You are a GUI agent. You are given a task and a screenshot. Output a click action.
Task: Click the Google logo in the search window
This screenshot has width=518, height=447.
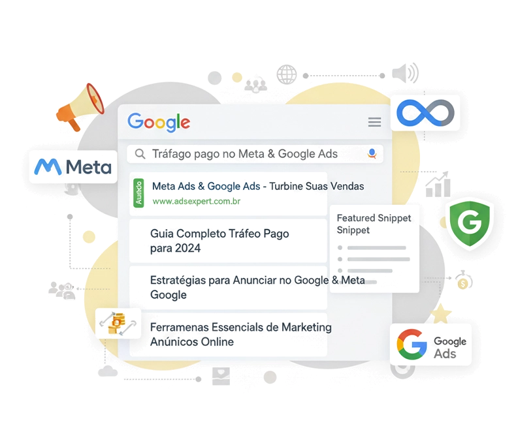pos(159,122)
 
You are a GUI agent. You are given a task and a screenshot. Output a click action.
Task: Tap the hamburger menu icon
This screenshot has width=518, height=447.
pos(374,122)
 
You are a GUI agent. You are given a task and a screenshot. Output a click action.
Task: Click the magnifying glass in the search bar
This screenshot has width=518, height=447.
pos(140,154)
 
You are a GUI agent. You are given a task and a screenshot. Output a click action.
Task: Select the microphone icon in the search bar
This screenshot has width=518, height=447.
pos(372,154)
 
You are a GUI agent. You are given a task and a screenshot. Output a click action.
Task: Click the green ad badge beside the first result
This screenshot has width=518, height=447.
pos(138,193)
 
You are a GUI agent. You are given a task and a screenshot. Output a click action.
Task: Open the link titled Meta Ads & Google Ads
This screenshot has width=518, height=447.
pos(206,187)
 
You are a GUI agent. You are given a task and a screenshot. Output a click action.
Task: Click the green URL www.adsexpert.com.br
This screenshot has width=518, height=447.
pos(196,202)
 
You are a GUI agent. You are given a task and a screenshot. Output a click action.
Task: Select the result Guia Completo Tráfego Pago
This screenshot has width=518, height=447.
pos(219,240)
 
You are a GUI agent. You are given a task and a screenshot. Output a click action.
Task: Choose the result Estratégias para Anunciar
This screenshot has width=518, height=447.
pos(257,286)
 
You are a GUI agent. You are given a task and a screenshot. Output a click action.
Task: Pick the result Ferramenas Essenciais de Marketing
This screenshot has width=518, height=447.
pos(240,334)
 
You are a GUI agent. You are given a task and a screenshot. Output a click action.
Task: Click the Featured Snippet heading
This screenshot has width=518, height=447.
pos(365,223)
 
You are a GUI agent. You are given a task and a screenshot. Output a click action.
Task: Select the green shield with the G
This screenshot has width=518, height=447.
pos(469,223)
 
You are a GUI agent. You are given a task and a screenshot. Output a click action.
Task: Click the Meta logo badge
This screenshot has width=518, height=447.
pos(73,167)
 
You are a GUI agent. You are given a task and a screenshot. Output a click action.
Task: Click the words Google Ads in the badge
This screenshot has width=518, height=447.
pos(450,347)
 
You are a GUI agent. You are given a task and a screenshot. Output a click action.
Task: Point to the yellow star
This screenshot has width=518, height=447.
pos(442,313)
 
